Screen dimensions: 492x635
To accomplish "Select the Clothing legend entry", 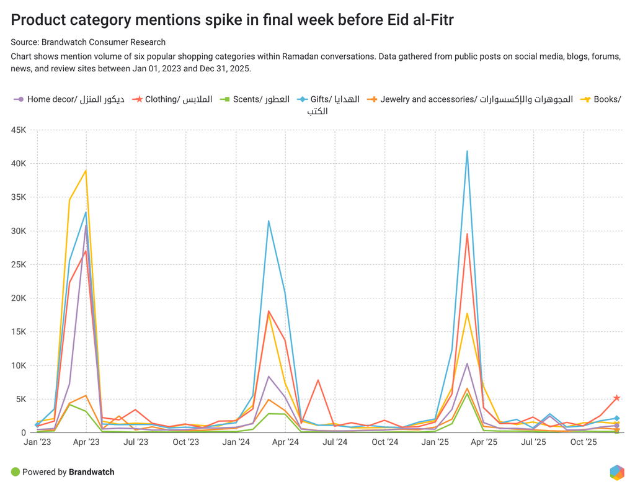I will (179, 99).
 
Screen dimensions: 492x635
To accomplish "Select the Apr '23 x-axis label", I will (86, 442).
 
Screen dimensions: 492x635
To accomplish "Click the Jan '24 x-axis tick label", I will (236, 442).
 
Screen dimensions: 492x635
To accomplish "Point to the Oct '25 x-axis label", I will (584, 442).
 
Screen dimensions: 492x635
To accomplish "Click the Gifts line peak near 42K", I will (467, 151).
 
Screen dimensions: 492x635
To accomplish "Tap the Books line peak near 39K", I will (86, 170).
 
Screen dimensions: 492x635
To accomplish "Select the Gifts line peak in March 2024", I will (269, 221).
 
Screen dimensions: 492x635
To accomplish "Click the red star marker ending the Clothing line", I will (616, 398).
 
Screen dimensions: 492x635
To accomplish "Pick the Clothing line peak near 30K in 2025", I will (467, 234).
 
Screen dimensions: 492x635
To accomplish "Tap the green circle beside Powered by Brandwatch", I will (16, 472).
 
